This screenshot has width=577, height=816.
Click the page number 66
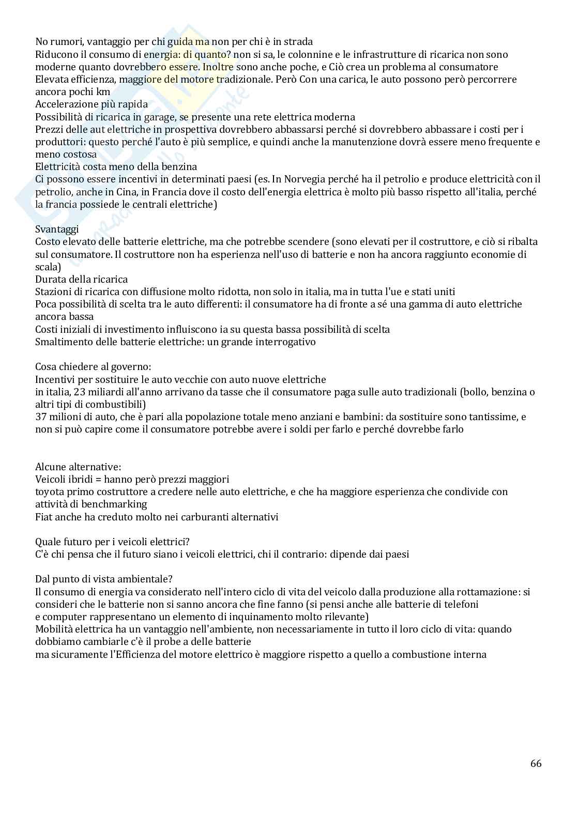[536, 763]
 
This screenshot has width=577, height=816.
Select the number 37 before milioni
[41, 417]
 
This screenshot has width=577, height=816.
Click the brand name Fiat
[44, 517]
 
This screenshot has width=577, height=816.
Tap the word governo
[131, 367]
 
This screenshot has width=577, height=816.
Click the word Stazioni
[52, 291]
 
